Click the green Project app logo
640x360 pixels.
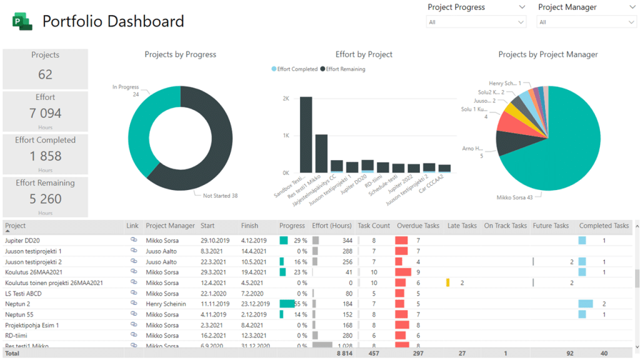click(x=22, y=22)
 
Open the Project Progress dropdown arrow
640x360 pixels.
click(x=521, y=7)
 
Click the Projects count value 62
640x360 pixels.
click(x=45, y=74)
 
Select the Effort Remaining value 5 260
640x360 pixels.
click(x=45, y=199)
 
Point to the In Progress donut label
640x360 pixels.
click(x=126, y=87)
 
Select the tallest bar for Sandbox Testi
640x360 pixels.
click(x=306, y=134)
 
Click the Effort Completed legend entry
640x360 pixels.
click(x=294, y=69)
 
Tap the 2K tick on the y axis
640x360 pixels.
click(x=286, y=99)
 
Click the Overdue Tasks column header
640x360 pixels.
click(x=417, y=226)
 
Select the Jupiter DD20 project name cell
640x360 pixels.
click(x=22, y=240)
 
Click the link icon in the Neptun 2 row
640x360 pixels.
click(x=133, y=304)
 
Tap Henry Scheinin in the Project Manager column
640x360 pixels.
click(x=166, y=304)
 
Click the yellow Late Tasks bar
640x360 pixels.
click(x=447, y=282)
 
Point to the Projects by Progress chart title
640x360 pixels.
click(x=180, y=54)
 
